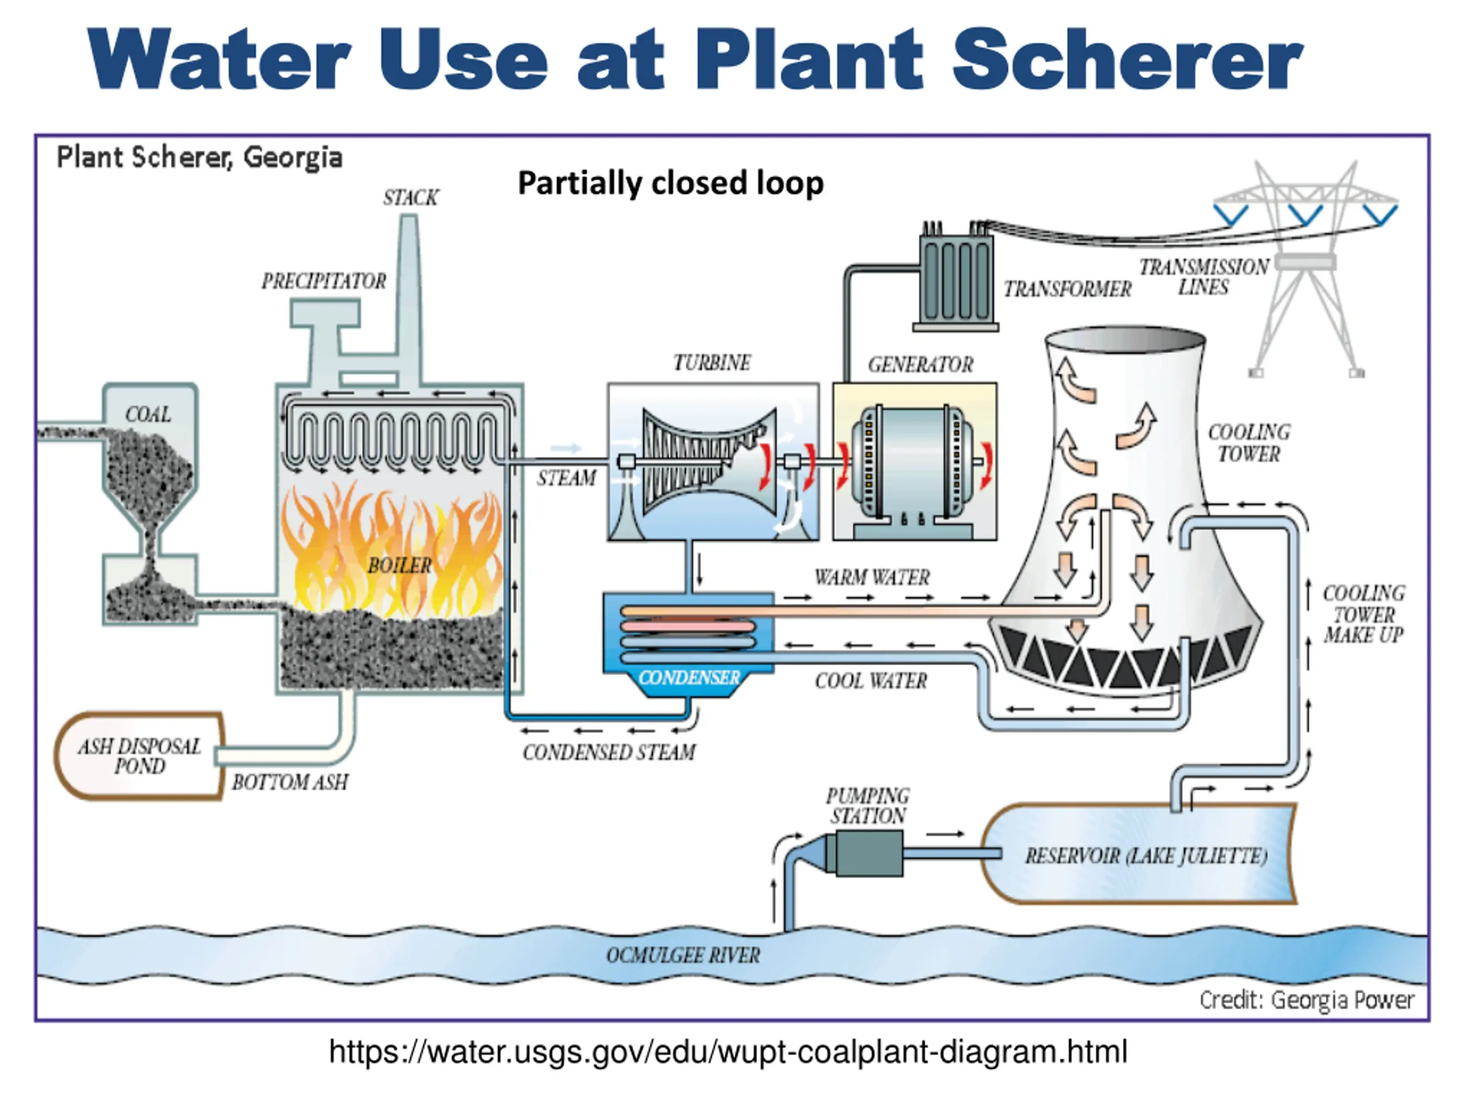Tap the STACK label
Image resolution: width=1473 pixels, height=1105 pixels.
coord(410,198)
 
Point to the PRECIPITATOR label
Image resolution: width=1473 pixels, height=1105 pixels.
coord(323,281)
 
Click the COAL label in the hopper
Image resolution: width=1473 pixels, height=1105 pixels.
coord(148,414)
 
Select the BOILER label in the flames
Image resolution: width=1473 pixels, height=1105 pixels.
coord(399,566)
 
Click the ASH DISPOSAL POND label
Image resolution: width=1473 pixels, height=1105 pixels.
coord(140,756)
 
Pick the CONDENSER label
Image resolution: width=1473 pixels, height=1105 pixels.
coord(689,678)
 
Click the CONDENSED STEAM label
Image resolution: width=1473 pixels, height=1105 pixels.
coord(609,753)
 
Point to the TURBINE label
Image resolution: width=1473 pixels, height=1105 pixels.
coord(712,363)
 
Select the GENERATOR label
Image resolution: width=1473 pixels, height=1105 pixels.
coord(920,364)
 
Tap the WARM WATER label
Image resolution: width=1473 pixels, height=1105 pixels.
coord(872,577)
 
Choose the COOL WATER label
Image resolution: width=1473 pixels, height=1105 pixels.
coord(871,681)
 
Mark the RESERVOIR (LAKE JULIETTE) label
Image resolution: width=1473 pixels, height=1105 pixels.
coord(1146,856)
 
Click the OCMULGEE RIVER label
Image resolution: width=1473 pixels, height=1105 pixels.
coord(682,956)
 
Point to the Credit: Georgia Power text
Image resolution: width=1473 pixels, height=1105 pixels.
coord(1307,1000)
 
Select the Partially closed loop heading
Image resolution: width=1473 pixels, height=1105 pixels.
coord(670,183)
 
